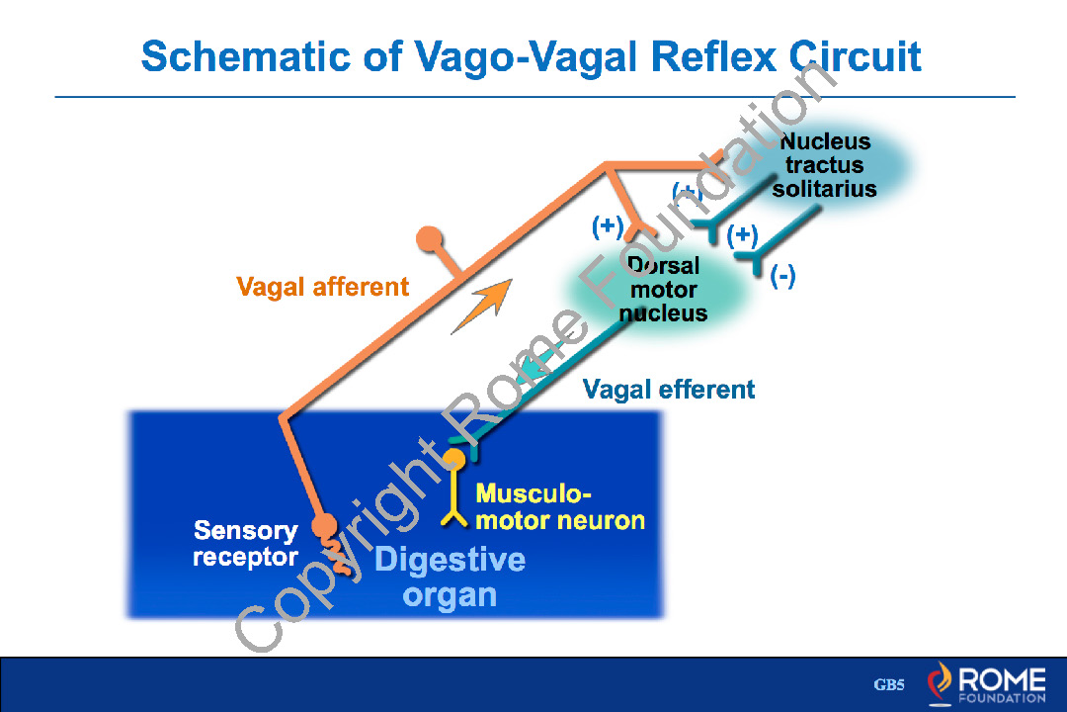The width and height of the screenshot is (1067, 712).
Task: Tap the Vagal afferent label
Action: (x=322, y=288)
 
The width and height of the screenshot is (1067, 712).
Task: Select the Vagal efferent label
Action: (x=669, y=390)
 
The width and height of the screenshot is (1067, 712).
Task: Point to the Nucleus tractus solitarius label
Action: (x=825, y=165)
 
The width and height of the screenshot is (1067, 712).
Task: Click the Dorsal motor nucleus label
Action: (x=664, y=290)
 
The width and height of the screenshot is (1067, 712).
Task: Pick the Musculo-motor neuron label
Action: (x=559, y=507)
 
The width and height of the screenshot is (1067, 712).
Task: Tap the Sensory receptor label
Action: (x=245, y=544)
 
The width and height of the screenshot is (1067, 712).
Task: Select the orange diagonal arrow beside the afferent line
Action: (x=483, y=305)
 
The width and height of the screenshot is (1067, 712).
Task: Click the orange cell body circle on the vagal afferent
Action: (x=430, y=239)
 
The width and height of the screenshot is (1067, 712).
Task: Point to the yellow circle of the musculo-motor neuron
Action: (x=453, y=460)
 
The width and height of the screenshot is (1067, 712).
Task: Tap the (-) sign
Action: (x=782, y=277)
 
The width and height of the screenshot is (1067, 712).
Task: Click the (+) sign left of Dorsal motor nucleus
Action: (x=608, y=226)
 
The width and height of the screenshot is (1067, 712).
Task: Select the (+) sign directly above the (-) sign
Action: (x=742, y=235)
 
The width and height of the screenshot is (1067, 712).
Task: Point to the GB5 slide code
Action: (x=889, y=685)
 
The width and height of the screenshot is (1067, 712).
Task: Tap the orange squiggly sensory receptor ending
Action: (x=336, y=554)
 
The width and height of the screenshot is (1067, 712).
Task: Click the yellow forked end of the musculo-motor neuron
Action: (x=454, y=516)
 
